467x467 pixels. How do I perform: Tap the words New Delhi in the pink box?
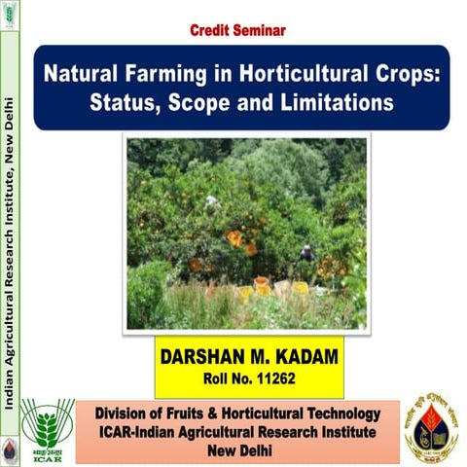click(237, 450)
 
